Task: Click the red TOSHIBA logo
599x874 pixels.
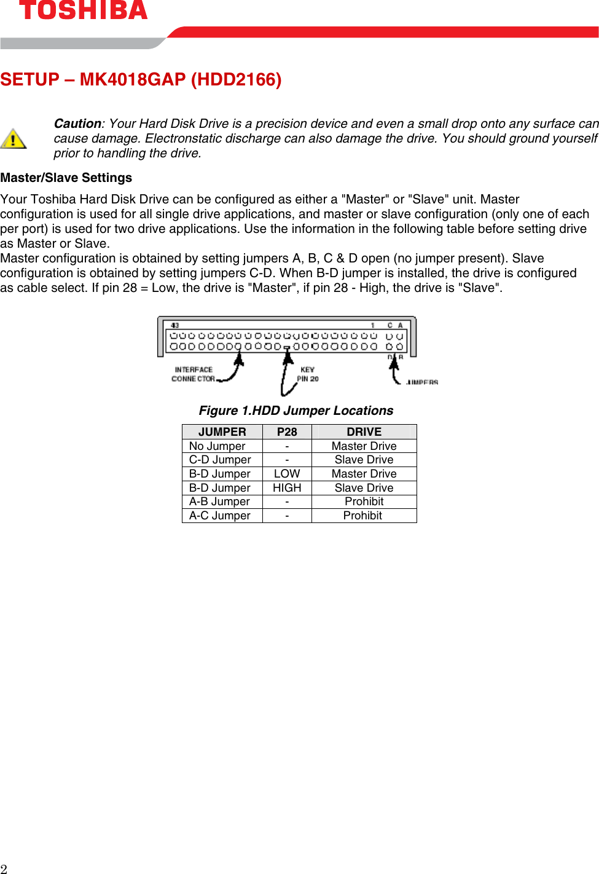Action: tap(83, 10)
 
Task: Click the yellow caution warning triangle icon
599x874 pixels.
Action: tap(13, 138)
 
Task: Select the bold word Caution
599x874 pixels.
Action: tap(77, 124)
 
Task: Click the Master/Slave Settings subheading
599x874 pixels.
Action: tap(66, 178)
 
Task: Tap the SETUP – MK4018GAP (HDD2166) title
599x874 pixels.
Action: tap(141, 80)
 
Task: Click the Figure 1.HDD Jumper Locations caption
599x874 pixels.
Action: tap(296, 411)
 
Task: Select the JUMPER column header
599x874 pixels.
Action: tap(222, 432)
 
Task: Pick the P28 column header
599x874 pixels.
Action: tap(287, 432)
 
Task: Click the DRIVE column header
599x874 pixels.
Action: tap(364, 432)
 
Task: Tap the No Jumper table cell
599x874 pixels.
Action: tap(217, 446)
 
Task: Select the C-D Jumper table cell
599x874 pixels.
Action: tap(220, 460)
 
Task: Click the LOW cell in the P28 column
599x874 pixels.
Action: tap(287, 474)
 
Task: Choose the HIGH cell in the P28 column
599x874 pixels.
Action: tap(287, 488)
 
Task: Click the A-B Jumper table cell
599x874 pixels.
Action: tap(219, 502)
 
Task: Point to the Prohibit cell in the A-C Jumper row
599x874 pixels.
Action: tap(362, 516)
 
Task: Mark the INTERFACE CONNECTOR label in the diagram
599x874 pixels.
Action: tap(194, 374)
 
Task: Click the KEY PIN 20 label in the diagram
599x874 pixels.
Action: tap(308, 374)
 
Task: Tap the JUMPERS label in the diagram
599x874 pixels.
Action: tap(422, 382)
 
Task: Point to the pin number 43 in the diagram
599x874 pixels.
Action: tap(175, 325)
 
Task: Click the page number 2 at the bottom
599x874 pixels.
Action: tap(4, 868)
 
